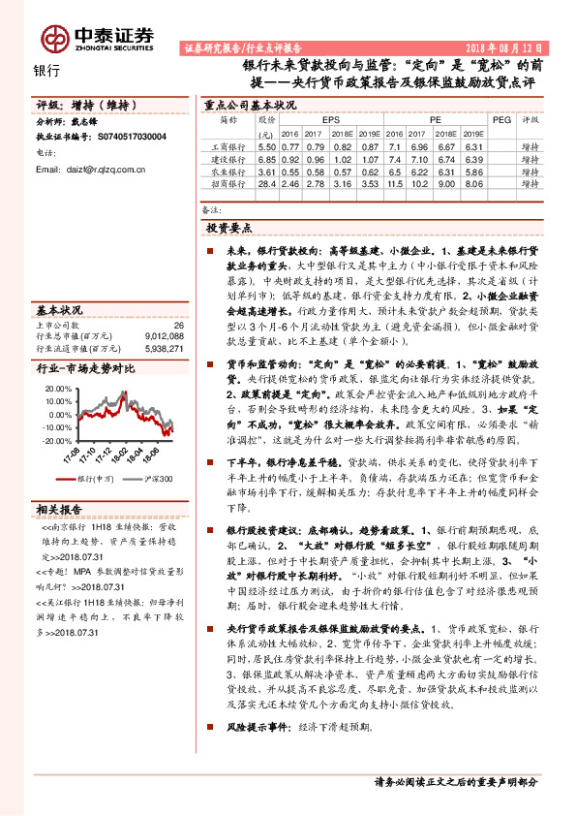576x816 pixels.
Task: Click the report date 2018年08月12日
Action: point(506,47)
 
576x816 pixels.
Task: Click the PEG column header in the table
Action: point(500,120)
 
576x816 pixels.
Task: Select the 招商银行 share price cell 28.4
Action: point(267,182)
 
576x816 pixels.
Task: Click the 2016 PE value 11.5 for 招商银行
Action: point(394,182)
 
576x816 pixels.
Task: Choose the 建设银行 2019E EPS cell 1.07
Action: point(367,158)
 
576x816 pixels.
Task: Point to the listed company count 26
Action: point(177,326)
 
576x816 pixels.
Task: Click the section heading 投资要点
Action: point(228,228)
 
